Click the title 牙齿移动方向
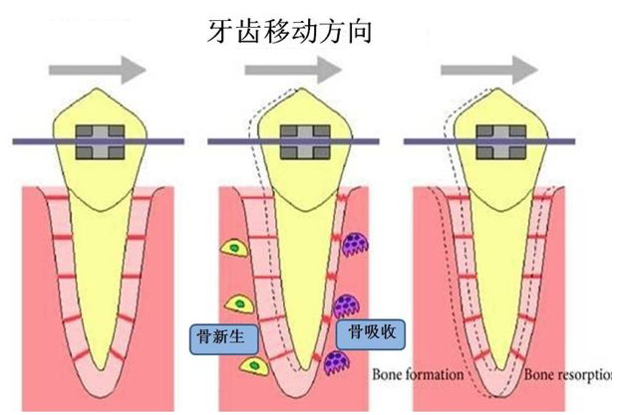(x=290, y=31)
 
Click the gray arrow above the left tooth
(x=98, y=71)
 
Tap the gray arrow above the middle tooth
(x=293, y=71)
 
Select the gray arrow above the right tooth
(x=489, y=71)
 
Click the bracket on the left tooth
(x=100, y=142)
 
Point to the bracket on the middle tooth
(x=305, y=142)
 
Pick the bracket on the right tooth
(x=501, y=142)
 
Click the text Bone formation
(x=418, y=374)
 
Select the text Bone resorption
(x=567, y=374)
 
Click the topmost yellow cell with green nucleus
(x=234, y=248)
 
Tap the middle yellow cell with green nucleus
(x=239, y=305)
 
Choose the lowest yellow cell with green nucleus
(x=254, y=366)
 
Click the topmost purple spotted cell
(x=355, y=245)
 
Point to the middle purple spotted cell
(x=347, y=306)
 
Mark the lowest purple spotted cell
(x=337, y=363)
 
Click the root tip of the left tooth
(x=101, y=370)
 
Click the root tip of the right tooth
(x=501, y=370)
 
